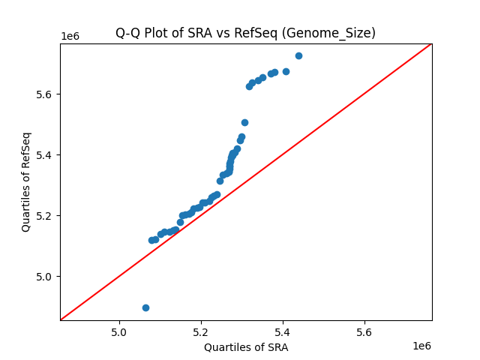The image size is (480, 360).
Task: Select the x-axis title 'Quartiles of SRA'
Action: click(x=246, y=347)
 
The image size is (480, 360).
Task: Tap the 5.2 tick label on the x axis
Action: click(x=201, y=331)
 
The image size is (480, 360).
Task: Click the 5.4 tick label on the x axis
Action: click(x=283, y=331)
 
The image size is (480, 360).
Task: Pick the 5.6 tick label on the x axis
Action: click(x=364, y=331)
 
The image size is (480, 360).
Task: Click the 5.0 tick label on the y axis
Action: click(x=46, y=277)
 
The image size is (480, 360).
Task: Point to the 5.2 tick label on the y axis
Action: click(x=46, y=216)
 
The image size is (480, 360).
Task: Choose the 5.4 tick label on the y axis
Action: click(x=46, y=155)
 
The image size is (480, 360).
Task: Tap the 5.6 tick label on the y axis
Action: click(x=46, y=94)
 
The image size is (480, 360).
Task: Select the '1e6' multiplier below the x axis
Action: click(x=421, y=346)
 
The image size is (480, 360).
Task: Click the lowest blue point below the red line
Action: click(x=145, y=307)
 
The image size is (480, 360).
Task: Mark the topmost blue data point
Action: click(x=298, y=55)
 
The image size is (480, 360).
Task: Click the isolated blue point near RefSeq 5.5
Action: click(x=244, y=122)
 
